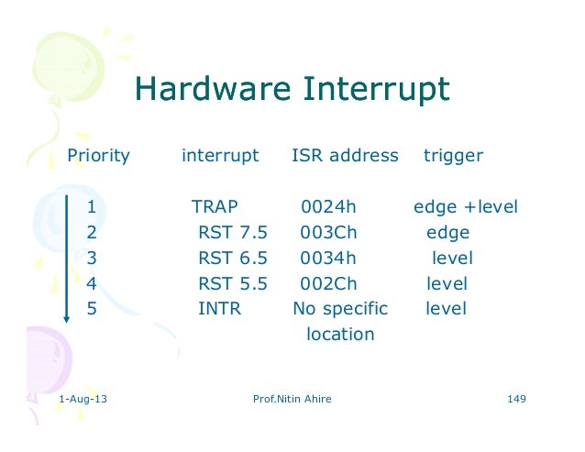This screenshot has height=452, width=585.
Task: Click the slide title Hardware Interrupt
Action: [x=292, y=90]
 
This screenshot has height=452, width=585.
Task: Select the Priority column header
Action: [x=99, y=156]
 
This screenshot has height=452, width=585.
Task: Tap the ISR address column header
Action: [x=345, y=156]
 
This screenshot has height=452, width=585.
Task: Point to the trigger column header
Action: [x=453, y=156]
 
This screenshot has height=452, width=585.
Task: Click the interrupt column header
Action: [x=220, y=156]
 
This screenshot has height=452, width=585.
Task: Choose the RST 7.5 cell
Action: [x=232, y=233]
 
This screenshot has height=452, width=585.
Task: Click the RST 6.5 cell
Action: [x=232, y=259]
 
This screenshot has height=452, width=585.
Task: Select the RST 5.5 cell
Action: [x=232, y=284]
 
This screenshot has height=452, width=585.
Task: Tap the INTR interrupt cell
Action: [x=219, y=309]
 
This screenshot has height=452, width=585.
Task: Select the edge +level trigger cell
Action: [x=466, y=207]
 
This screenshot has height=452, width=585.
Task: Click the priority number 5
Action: [x=92, y=309]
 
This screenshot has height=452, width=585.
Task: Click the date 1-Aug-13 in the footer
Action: [x=82, y=400]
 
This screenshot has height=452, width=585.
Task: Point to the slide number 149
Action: [x=515, y=400]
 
